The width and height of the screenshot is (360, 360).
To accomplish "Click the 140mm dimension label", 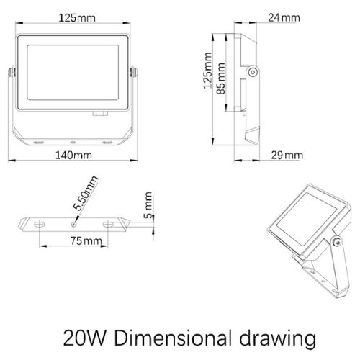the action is [x=73, y=156].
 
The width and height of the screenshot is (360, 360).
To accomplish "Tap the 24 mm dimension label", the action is [x=284, y=18].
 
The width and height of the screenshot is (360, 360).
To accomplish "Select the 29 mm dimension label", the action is [x=287, y=156].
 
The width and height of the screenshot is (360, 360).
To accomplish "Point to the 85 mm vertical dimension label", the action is [x=221, y=78].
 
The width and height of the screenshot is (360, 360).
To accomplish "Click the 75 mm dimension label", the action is [x=86, y=240].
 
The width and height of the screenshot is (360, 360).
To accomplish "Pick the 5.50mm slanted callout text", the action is [x=86, y=193].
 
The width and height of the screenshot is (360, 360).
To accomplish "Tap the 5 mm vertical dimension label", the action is [x=148, y=205].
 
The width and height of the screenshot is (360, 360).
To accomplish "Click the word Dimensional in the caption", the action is [x=174, y=338].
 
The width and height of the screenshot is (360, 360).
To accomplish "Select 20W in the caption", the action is [x=84, y=338].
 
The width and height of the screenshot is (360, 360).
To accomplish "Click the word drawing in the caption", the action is [x=278, y=339].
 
